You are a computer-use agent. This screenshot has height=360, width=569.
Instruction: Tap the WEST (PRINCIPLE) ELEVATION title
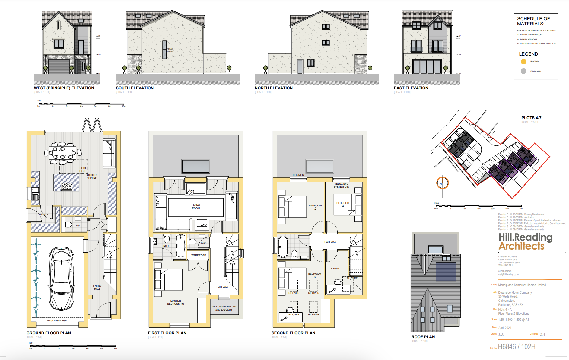[64, 88]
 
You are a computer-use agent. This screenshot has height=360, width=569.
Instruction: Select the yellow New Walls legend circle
[523, 62]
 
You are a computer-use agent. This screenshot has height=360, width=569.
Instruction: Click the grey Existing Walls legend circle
[523, 71]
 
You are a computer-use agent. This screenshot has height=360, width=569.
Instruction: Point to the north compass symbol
[442, 183]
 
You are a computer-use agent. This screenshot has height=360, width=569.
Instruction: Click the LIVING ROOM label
[196, 207]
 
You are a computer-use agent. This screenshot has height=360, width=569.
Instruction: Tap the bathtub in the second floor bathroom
[283, 247]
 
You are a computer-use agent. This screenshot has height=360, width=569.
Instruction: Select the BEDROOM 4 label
[343, 204]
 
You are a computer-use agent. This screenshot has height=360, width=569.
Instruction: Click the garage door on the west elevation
[59, 67]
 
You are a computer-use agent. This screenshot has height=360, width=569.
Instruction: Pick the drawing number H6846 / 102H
[517, 347]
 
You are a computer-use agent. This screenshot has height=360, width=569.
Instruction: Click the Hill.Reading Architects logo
[525, 242]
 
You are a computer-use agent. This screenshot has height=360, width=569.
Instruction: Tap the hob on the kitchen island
[67, 186]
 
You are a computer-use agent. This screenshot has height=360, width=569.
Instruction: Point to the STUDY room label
[335, 269]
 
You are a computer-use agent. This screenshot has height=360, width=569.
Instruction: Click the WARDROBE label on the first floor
[199, 255]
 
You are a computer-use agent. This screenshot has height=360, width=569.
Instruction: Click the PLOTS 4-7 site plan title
[531, 118]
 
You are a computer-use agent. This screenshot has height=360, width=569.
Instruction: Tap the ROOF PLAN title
[423, 337]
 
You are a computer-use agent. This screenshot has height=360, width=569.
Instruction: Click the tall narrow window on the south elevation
[164, 50]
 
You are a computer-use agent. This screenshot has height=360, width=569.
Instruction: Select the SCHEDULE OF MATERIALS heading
[533, 21]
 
